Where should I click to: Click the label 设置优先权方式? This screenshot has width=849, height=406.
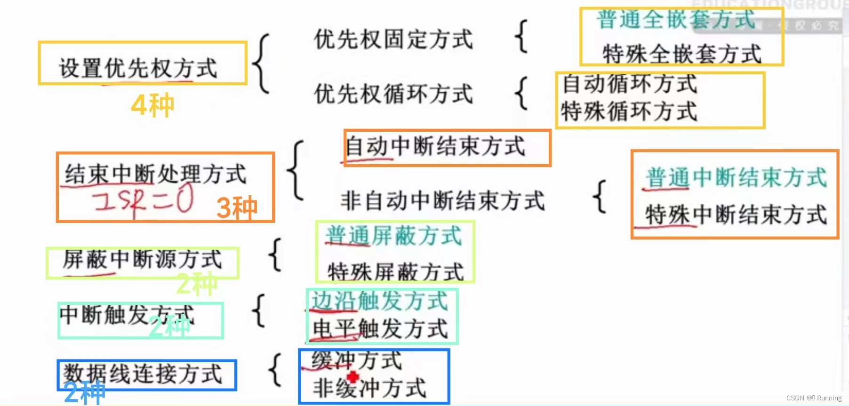[x=138, y=68]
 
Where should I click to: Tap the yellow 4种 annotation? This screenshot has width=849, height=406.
[x=152, y=105]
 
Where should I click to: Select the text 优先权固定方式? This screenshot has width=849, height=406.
[x=393, y=40]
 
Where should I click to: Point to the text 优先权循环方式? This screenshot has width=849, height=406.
[x=393, y=94]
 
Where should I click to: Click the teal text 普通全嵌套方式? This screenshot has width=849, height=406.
[x=676, y=20]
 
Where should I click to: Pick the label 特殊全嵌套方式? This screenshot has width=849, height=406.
[x=681, y=54]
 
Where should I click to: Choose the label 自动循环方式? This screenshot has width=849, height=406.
[x=629, y=84]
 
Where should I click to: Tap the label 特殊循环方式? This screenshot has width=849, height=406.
[x=629, y=112]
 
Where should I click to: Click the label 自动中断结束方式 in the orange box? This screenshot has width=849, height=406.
[x=435, y=147]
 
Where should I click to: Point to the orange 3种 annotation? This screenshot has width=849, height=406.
[x=237, y=207]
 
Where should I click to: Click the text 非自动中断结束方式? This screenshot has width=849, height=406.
[x=442, y=201]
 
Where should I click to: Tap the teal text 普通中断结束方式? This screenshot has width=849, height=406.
[x=736, y=178]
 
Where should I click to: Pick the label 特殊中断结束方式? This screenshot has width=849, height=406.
[x=736, y=215]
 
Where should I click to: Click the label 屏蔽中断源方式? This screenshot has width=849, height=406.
[x=142, y=259]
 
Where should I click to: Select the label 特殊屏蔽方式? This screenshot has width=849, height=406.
[x=395, y=271]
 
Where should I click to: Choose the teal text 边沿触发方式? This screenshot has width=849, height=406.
[x=379, y=301]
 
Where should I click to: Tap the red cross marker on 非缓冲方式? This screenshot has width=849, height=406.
[x=353, y=377]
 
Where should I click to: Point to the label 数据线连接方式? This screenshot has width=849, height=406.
[x=142, y=374]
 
